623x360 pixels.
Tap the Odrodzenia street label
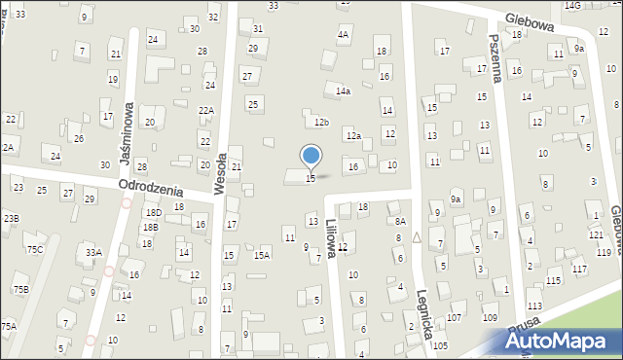click(151, 185)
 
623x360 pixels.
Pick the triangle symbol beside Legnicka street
click(417, 236)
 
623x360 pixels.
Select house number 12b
click(321, 122)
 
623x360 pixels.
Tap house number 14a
click(343, 90)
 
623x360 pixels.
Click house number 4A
click(343, 34)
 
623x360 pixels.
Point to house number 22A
click(206, 110)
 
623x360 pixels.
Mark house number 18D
click(153, 211)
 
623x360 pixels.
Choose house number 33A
click(93, 252)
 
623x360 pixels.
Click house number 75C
click(34, 249)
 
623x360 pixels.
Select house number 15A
click(261, 255)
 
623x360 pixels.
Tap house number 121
click(595, 235)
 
